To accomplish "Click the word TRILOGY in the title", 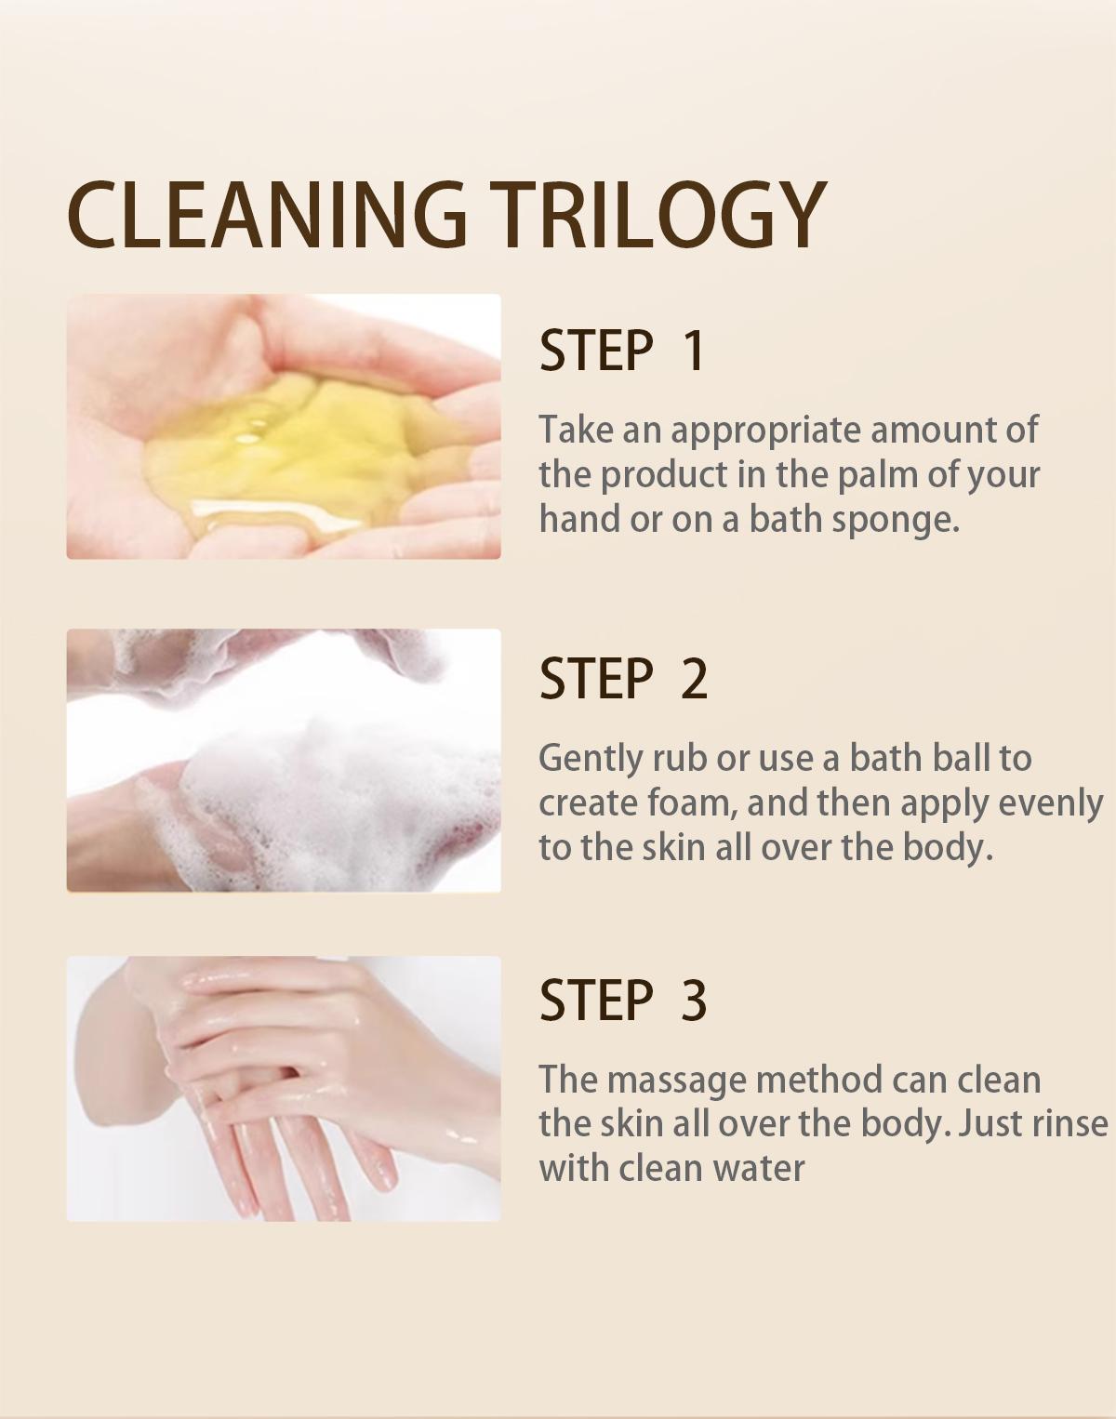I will [x=658, y=215].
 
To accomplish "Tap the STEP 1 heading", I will [x=622, y=351].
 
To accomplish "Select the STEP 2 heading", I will [x=623, y=679].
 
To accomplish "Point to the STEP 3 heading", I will [x=623, y=1001].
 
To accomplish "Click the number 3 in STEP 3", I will [x=694, y=1001].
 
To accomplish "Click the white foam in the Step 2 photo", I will [x=335, y=790].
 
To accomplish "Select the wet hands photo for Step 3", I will [x=284, y=1088].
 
